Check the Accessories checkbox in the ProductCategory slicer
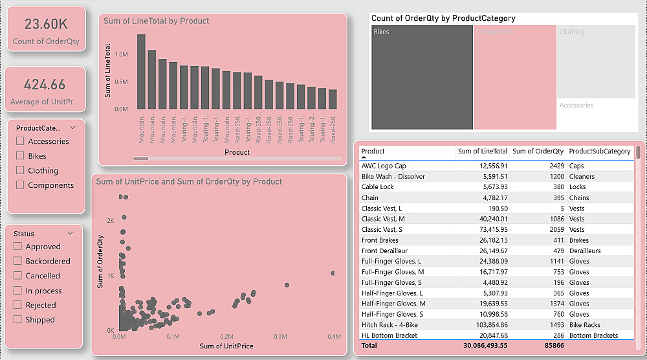(21, 141)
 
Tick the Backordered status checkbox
(18, 261)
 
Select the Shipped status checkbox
(18, 320)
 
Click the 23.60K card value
(46, 25)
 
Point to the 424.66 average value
(45, 85)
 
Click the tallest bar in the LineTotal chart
(141, 71)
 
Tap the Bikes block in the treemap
(422, 78)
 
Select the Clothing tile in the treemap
(596, 62)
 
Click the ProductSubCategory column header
(599, 152)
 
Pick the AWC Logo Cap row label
(384, 166)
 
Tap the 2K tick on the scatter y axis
(110, 221)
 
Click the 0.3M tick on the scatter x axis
(280, 337)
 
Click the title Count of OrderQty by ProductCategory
(443, 19)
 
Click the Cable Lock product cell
(377, 187)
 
